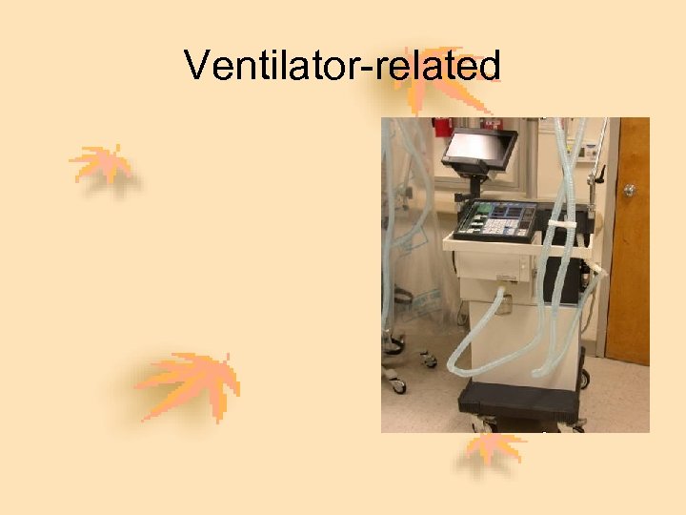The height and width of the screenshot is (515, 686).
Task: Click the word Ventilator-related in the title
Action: (x=342, y=66)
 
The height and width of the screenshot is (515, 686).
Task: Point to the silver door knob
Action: (x=630, y=191)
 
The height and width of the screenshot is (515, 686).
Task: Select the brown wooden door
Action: (x=629, y=248)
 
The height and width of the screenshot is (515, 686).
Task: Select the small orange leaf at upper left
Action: (x=103, y=165)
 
